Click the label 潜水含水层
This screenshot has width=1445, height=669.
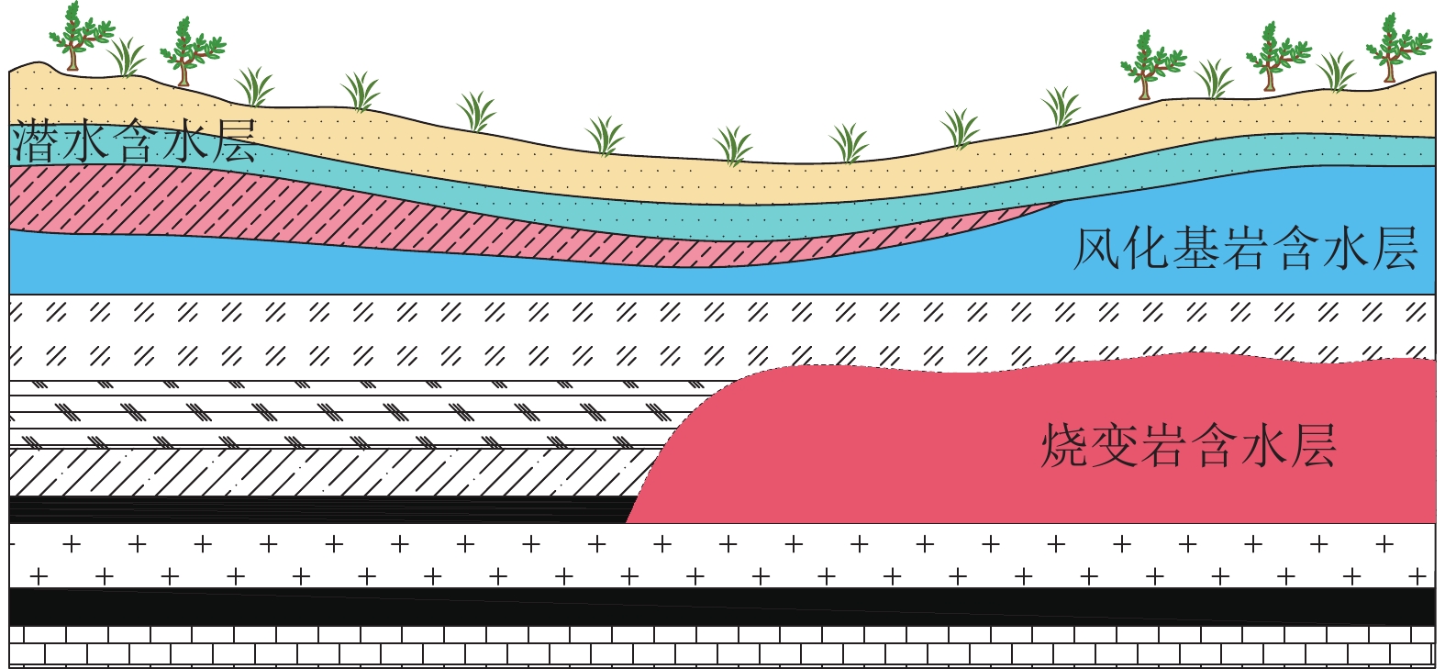pos(134,141)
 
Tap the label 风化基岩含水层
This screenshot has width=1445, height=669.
pos(1245,249)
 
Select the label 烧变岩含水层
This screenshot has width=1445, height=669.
pos(1188,446)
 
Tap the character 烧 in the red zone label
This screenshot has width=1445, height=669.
pos(1064,446)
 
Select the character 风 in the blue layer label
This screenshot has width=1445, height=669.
pos(1097,249)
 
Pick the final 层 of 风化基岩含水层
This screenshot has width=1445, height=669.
pos(1395,249)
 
